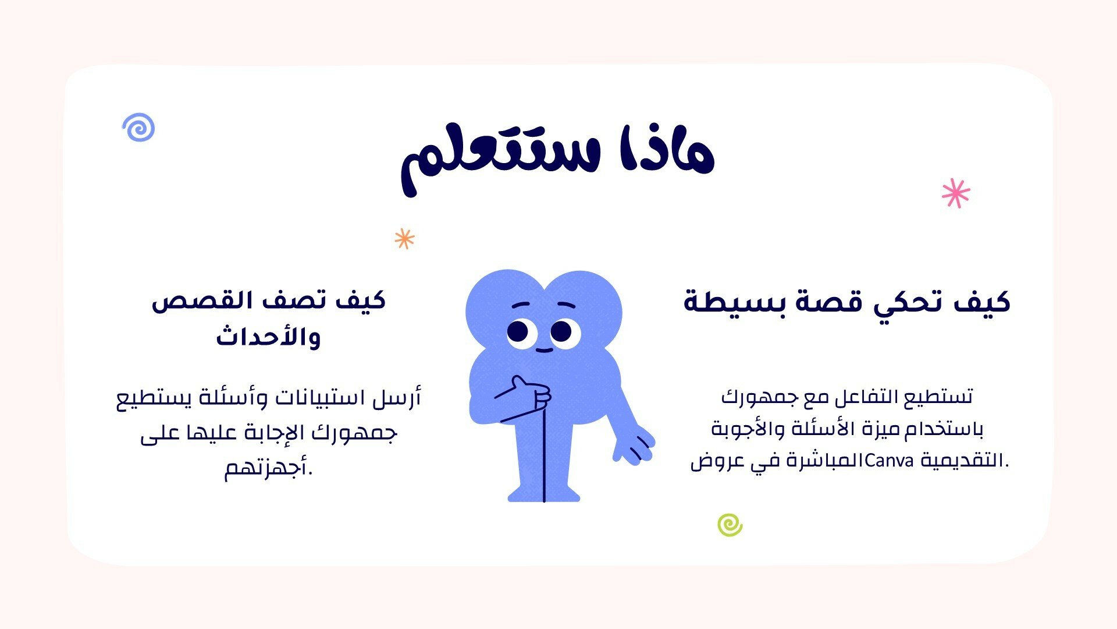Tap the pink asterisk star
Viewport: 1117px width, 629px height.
(956, 193)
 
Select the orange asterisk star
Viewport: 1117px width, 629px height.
(404, 238)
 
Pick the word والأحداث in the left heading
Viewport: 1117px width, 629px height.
(268, 337)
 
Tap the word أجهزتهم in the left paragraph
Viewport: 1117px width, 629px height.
(269, 468)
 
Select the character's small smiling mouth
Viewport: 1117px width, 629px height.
(544, 350)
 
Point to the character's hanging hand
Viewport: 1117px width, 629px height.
(634, 447)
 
